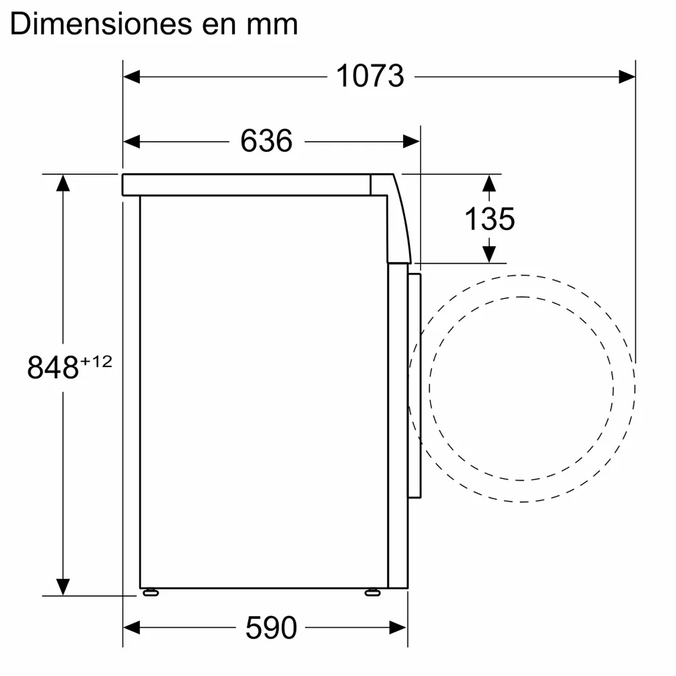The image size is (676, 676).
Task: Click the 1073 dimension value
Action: [x=370, y=76]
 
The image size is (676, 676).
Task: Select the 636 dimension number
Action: [x=266, y=141]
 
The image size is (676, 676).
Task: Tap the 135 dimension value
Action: [x=489, y=219]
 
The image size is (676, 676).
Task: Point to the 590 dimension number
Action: [x=271, y=627]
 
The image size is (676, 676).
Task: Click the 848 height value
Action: [x=53, y=368]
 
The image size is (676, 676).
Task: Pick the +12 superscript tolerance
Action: [x=97, y=361]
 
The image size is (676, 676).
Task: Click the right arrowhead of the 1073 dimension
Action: [x=627, y=76]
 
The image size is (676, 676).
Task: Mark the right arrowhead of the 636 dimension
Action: [x=411, y=141]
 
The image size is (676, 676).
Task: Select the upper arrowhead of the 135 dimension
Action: [x=489, y=183]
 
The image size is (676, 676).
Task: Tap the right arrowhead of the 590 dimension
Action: [x=398, y=627]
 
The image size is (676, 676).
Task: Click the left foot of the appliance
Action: [x=151, y=592]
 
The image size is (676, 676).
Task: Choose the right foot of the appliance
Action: [x=372, y=592]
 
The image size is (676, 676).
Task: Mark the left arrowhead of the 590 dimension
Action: [x=132, y=627]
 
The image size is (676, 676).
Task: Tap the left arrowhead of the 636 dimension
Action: [x=132, y=141]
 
